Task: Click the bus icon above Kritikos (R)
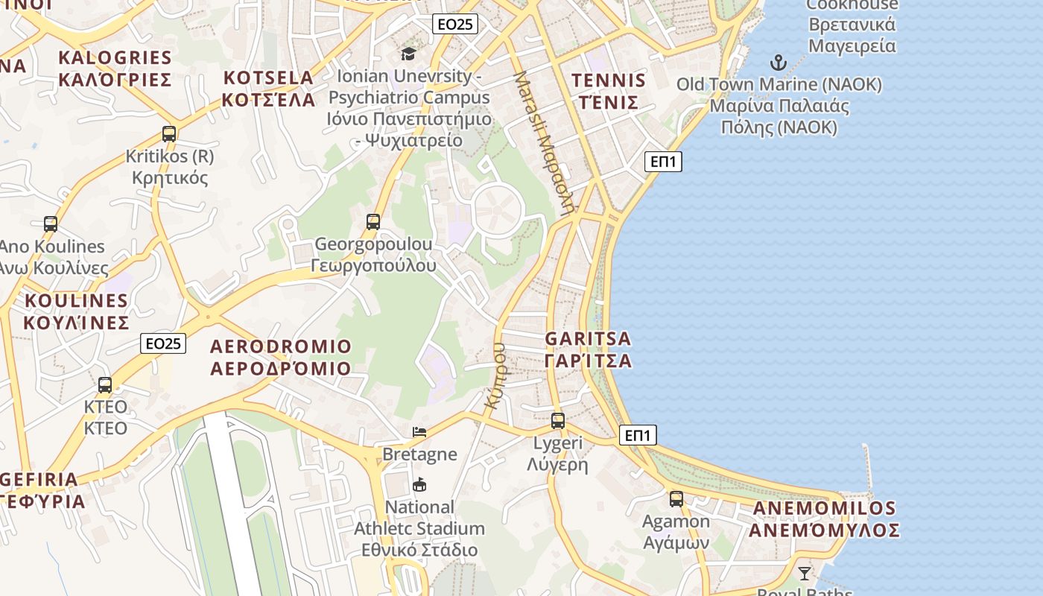pyautogui.click(x=169, y=134)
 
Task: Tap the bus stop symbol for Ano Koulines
pyautogui.click(x=51, y=223)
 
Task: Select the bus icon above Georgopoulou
pyautogui.click(x=373, y=221)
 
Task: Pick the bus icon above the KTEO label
pyautogui.click(x=105, y=384)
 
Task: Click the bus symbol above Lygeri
pyautogui.click(x=558, y=420)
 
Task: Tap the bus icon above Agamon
pyautogui.click(x=676, y=498)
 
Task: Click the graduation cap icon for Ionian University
pyautogui.click(x=408, y=54)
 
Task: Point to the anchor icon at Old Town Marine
pyautogui.click(x=779, y=63)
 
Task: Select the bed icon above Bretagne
pyautogui.click(x=419, y=432)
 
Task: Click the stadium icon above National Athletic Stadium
pyautogui.click(x=419, y=485)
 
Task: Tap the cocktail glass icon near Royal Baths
pyautogui.click(x=805, y=573)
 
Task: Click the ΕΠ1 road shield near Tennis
pyautogui.click(x=663, y=161)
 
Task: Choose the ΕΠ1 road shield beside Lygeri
pyautogui.click(x=638, y=435)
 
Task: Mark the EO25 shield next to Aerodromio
pyautogui.click(x=163, y=343)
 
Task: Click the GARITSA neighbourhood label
pyautogui.click(x=588, y=349)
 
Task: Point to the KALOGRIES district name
pyautogui.click(x=115, y=69)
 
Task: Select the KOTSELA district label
pyautogui.click(x=269, y=89)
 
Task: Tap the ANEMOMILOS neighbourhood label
pyautogui.click(x=824, y=519)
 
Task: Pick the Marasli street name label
pyautogui.click(x=545, y=142)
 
